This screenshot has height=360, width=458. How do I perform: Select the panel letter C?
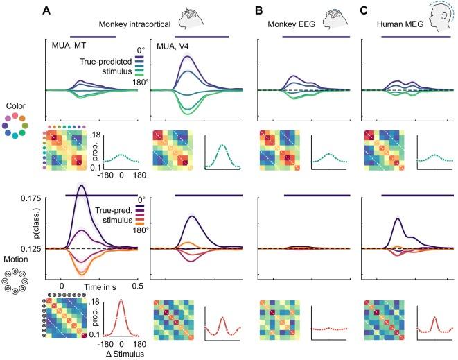click(x=365, y=10)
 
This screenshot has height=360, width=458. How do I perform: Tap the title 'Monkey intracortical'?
click(x=136, y=24)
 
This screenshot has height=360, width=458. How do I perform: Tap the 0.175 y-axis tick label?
click(x=30, y=198)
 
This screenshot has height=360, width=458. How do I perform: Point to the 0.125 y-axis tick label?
click(x=30, y=248)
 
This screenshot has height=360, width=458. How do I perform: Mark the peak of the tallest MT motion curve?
click(x=81, y=192)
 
